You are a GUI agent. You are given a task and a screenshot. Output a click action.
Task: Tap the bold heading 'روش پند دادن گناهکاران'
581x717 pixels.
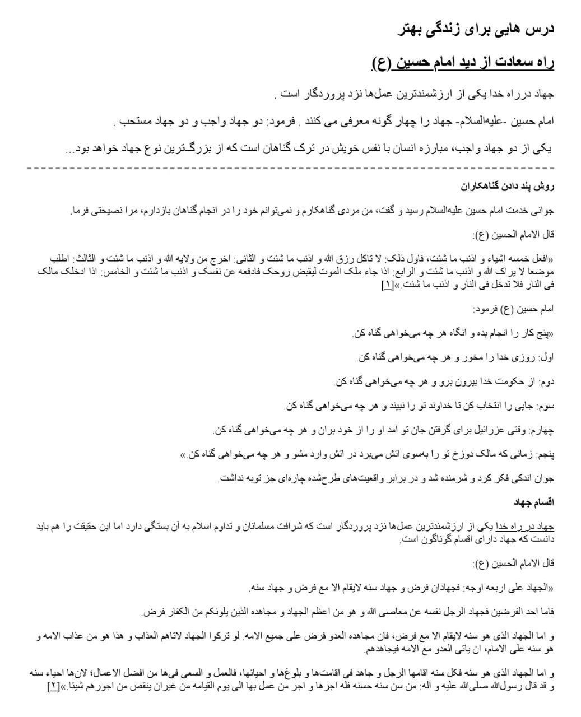(507, 185)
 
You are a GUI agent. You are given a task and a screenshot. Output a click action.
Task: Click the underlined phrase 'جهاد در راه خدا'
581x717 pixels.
(531, 527)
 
